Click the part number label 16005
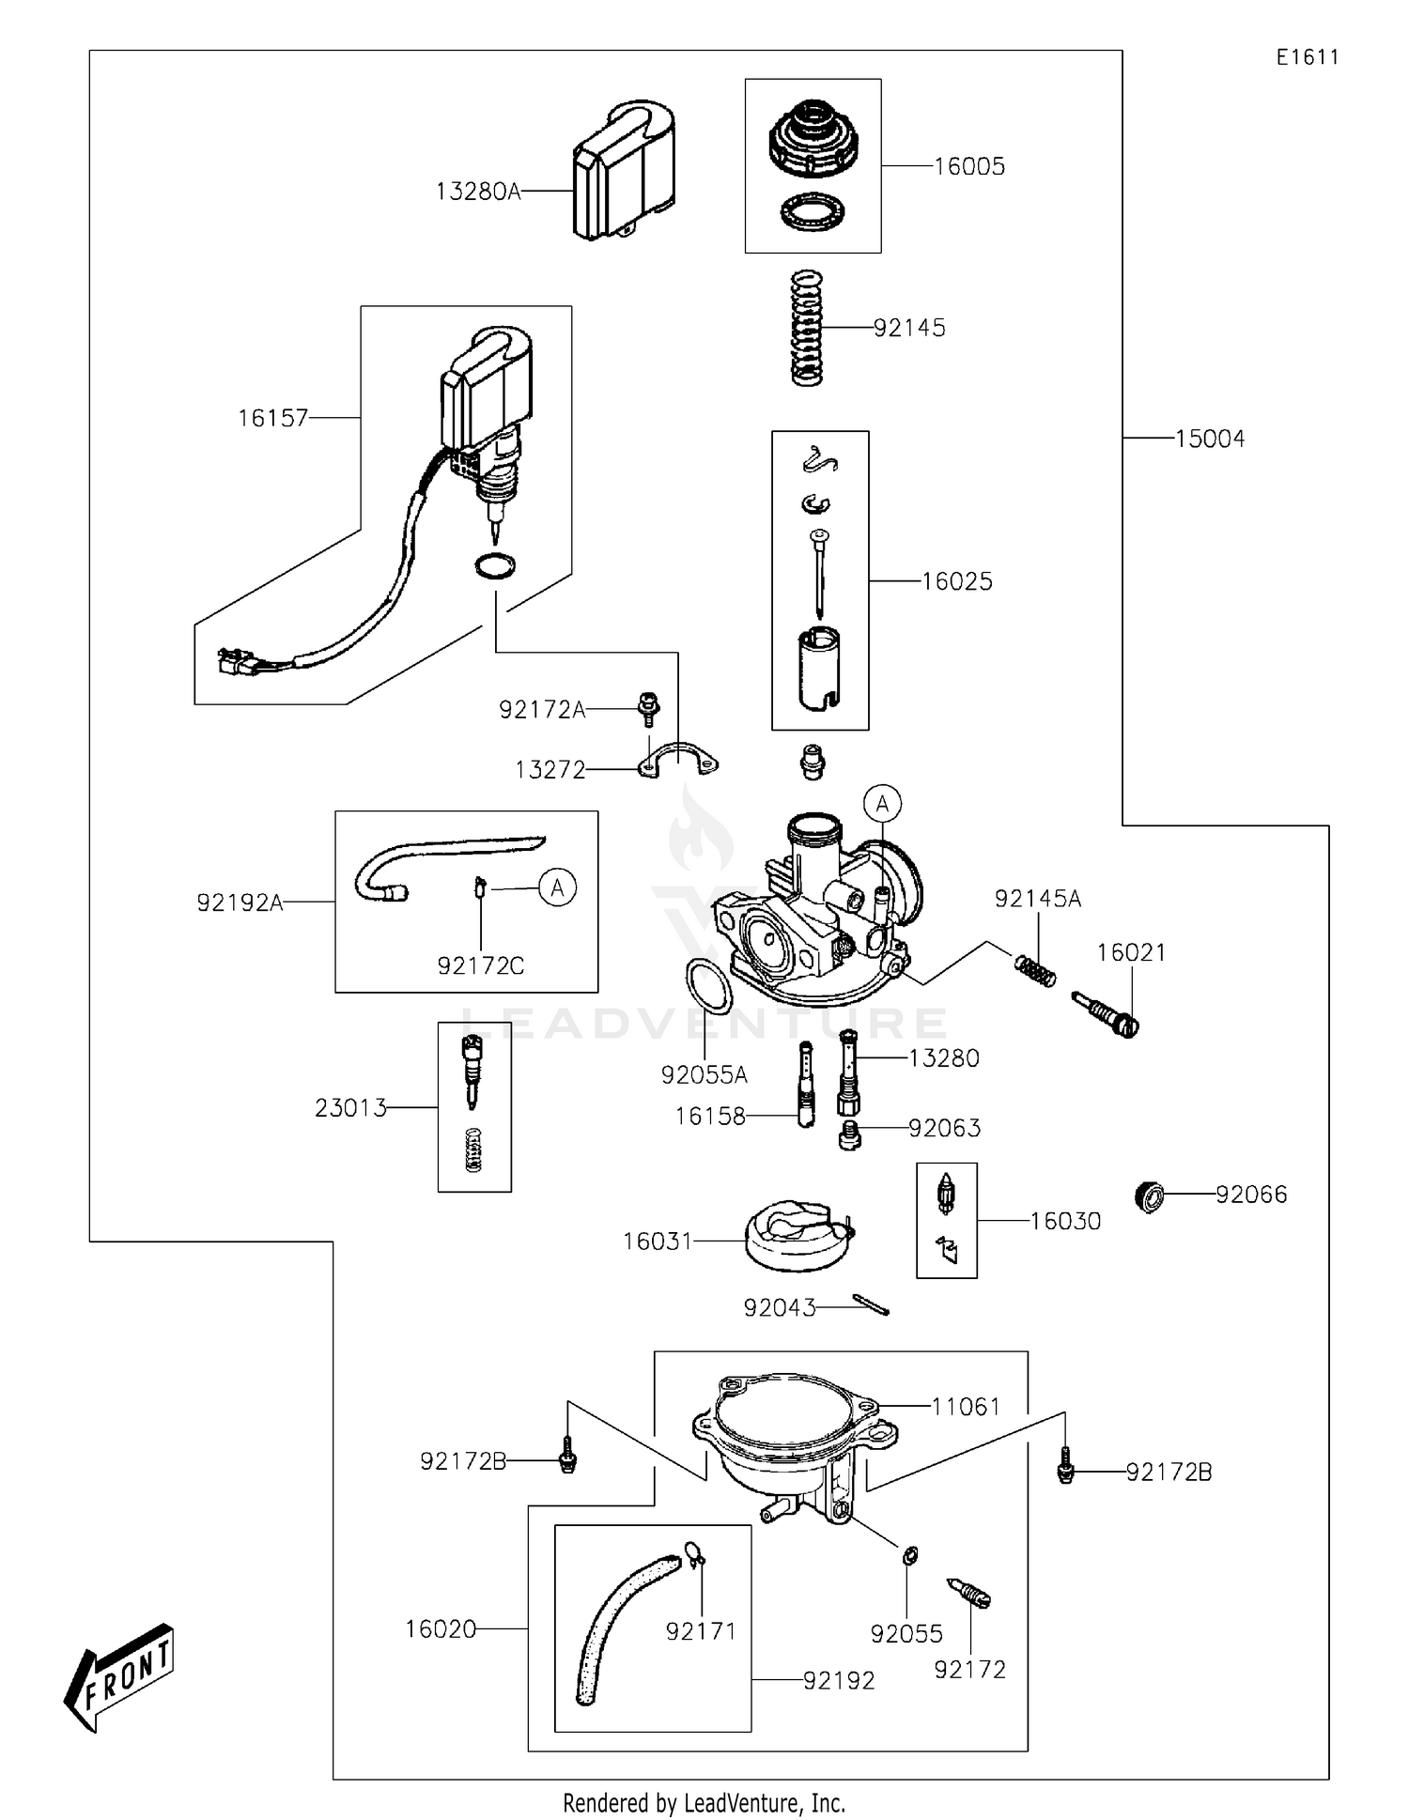point(968,166)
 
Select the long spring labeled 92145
point(806,328)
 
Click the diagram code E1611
point(1307,57)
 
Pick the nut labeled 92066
point(1150,1196)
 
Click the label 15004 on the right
point(1209,439)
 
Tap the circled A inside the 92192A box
point(557,887)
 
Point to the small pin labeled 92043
point(872,1305)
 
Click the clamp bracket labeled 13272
point(682,761)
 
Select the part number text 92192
point(838,1680)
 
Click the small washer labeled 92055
point(909,1556)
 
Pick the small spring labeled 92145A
point(1035,969)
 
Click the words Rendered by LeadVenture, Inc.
point(704,1802)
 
